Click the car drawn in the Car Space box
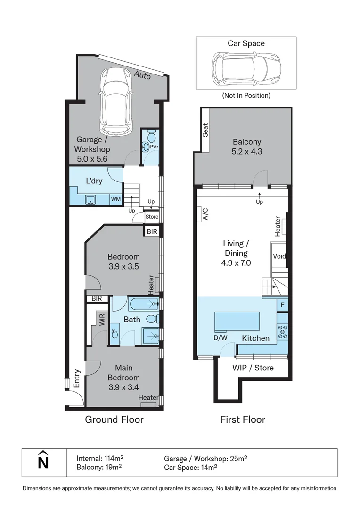(x=246, y=68)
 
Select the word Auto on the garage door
(x=142, y=74)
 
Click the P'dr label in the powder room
(x=154, y=147)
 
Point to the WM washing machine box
(x=115, y=199)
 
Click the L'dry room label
(x=94, y=181)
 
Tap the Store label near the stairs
(x=152, y=217)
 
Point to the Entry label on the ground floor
(x=77, y=379)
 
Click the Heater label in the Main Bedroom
(x=148, y=398)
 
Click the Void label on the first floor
(x=278, y=256)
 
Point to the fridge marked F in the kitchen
(x=282, y=304)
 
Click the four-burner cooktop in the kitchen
(x=282, y=332)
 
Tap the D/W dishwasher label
(x=220, y=337)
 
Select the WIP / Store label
(x=253, y=368)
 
